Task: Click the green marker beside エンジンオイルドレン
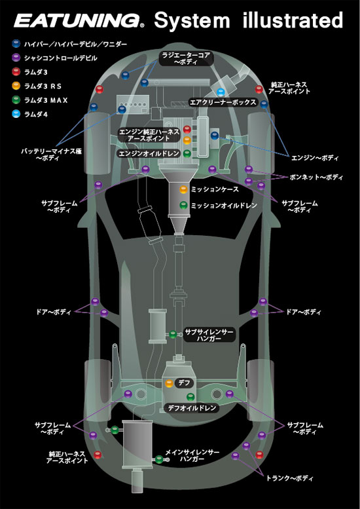coord(187,153)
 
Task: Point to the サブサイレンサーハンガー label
coord(209,336)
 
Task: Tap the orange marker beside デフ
coord(170,383)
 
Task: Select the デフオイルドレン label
coord(192,408)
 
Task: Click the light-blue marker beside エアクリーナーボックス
coord(221,92)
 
